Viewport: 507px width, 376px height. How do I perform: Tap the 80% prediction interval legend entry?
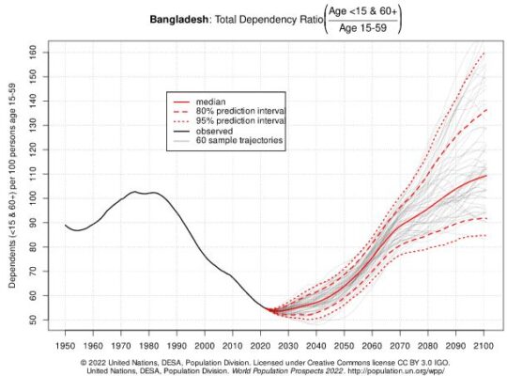240,110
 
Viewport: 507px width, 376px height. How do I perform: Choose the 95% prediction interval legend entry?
240,120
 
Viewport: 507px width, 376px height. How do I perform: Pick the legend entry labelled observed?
217,131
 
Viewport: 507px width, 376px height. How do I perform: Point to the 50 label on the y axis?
32,321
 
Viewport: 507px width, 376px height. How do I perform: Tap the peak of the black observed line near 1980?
138,192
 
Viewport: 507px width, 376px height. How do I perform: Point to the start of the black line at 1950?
66,225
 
